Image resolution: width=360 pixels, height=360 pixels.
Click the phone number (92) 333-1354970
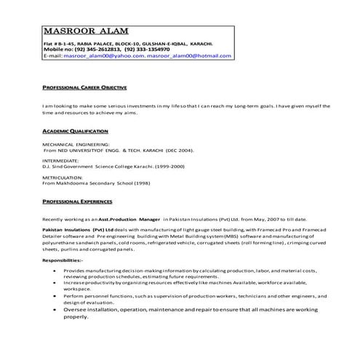tap(164, 49)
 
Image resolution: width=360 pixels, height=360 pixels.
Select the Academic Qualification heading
tap(75, 131)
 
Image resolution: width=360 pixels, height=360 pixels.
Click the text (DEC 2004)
tap(180, 149)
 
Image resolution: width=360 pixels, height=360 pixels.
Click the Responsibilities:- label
tap(63, 260)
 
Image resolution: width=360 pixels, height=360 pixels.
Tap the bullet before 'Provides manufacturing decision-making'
tap(56, 269)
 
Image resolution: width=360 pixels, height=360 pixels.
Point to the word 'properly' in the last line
tap(80, 318)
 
